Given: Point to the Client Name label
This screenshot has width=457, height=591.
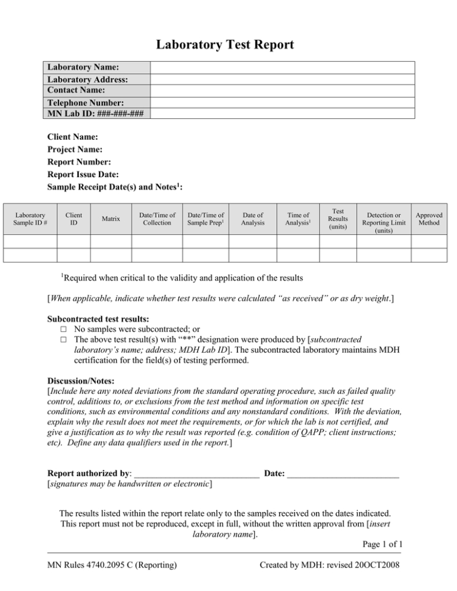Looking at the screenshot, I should [73, 137].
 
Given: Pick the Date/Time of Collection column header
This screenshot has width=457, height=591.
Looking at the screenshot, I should [156, 219].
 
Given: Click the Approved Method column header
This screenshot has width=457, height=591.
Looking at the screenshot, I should [429, 219].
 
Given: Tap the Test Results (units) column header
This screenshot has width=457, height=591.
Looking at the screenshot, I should [337, 219].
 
